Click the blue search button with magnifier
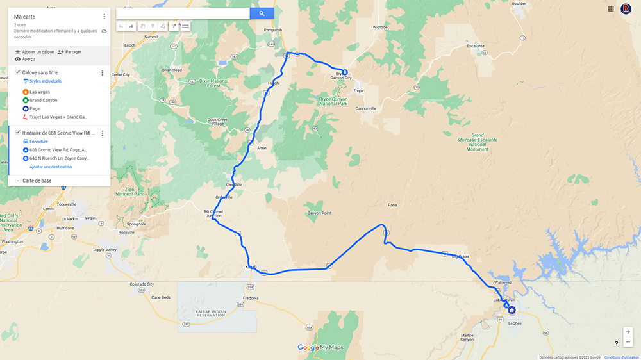pos(262,13)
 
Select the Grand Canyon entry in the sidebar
pos(43,100)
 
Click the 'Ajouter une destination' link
pos(51,167)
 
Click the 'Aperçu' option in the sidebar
pos(28,59)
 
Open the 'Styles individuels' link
pos(45,81)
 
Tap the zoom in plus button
pos(628,332)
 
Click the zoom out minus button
pos(628,342)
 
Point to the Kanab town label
pos(251,266)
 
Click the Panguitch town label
pos(273,30)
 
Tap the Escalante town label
pos(476,46)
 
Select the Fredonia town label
pos(251,298)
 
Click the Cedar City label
pos(121,74)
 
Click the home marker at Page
pos(512,310)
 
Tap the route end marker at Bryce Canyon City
pos(344,72)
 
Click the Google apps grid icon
pos(611,9)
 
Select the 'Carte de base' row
pos(37,181)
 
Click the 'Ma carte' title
pos(24,17)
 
